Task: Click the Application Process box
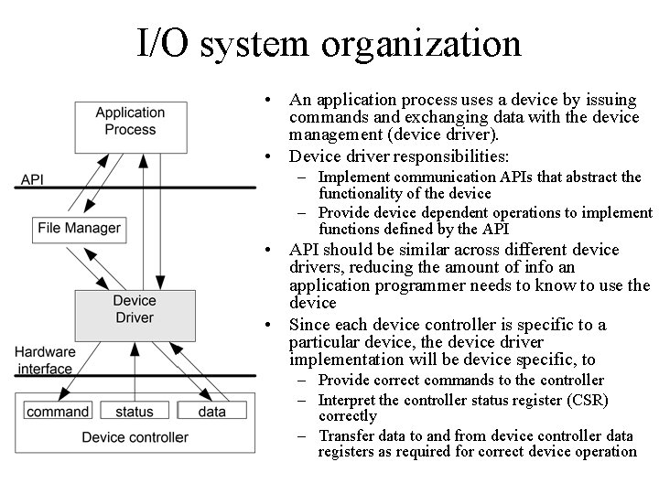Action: point(130,121)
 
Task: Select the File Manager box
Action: point(79,228)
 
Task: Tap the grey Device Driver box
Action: point(134,309)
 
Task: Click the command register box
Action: point(58,413)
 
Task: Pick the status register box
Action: point(134,413)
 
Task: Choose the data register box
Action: point(211,413)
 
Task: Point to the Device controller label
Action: point(135,437)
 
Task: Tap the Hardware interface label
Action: point(44,360)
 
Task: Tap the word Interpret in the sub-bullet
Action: point(348,400)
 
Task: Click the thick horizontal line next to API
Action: point(137,188)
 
